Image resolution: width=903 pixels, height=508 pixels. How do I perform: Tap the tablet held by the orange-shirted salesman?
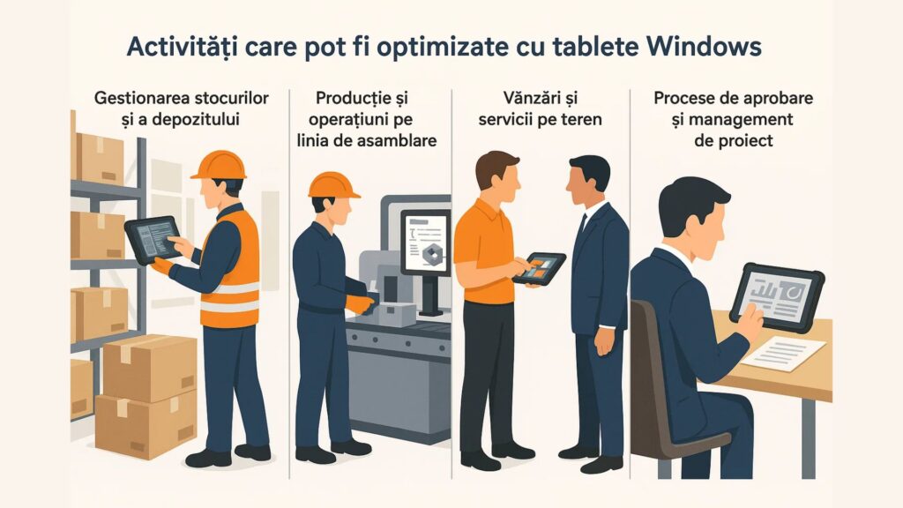pyautogui.click(x=539, y=268)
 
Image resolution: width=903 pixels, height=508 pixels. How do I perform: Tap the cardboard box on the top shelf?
pyautogui.click(x=98, y=159)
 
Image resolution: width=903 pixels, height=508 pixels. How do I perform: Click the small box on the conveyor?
pyautogui.click(x=394, y=314)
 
